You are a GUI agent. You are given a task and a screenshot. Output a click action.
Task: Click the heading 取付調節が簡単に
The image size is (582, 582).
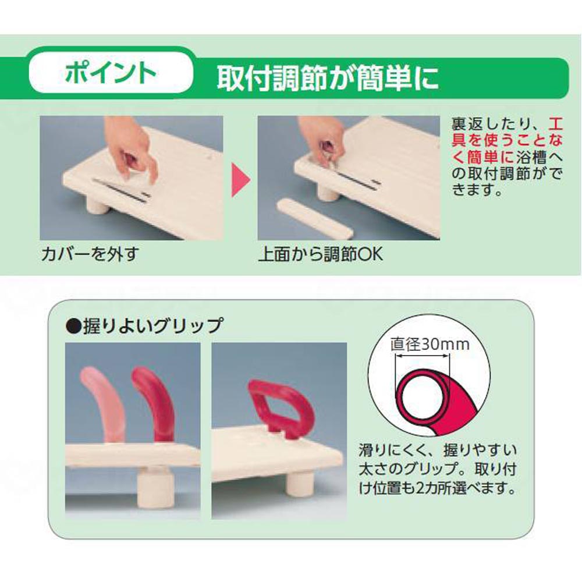pyautogui.click(x=328, y=77)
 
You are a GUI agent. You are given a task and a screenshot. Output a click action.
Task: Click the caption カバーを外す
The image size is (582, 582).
pyautogui.click(x=90, y=254)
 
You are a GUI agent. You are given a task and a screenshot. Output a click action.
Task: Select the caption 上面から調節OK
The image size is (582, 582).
pyautogui.click(x=321, y=254)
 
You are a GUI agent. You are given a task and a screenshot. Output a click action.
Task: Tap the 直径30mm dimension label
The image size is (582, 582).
pyautogui.click(x=430, y=344)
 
